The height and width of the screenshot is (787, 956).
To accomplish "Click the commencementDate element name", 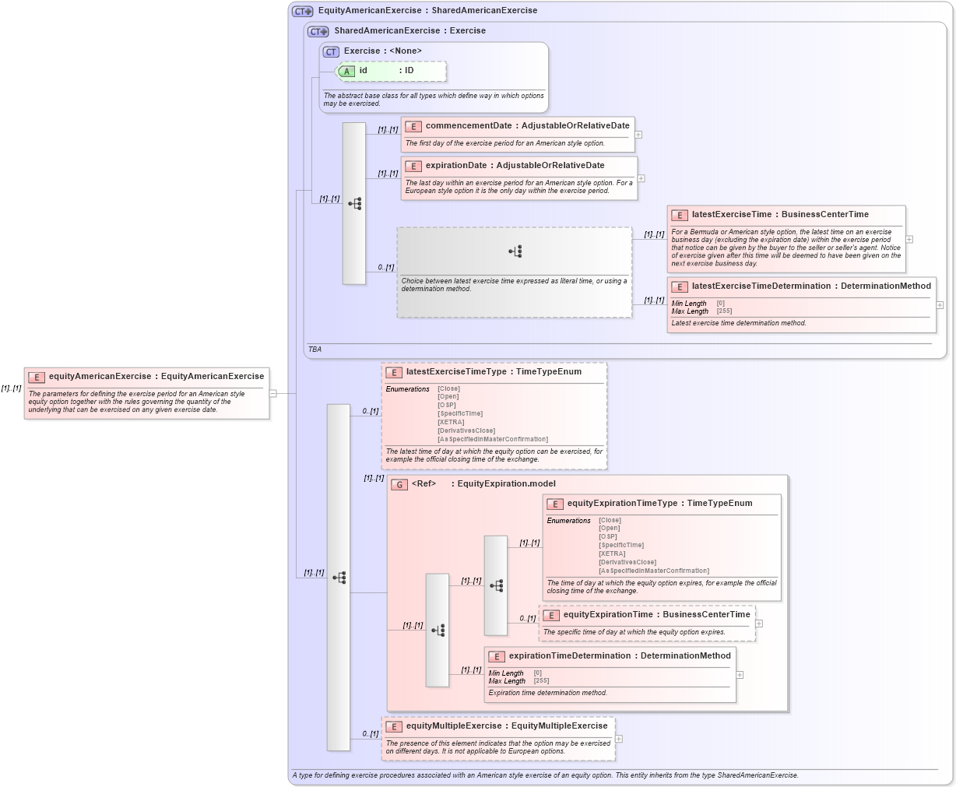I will (x=469, y=125).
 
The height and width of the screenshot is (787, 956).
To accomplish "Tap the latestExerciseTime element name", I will (x=731, y=214).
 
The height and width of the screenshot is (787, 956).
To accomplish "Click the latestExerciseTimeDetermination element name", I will (x=761, y=286).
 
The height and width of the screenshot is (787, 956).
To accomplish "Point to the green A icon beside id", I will (x=347, y=71).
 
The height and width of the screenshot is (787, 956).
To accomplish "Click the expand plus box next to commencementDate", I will (x=638, y=135).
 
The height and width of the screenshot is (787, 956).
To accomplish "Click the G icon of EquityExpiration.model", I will (x=399, y=484).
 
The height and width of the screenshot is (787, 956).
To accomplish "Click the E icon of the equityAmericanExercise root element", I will (x=37, y=377).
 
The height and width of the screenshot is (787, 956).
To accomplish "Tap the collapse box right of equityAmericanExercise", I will (x=272, y=393).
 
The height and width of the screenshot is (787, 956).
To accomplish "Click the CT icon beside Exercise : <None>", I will (x=331, y=51).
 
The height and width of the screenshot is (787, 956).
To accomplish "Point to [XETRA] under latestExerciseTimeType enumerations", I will (x=451, y=422).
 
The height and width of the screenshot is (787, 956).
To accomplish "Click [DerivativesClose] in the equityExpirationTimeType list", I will (x=627, y=562).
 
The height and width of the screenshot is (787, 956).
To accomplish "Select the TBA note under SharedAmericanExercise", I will (x=315, y=350).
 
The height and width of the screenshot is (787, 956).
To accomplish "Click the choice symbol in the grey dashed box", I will (x=515, y=251).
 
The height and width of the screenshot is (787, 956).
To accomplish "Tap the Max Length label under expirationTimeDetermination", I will (x=507, y=681).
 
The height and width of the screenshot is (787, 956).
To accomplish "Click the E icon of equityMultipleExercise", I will (x=394, y=726).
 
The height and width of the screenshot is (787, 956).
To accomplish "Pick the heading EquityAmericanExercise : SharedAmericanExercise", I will (x=427, y=11).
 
